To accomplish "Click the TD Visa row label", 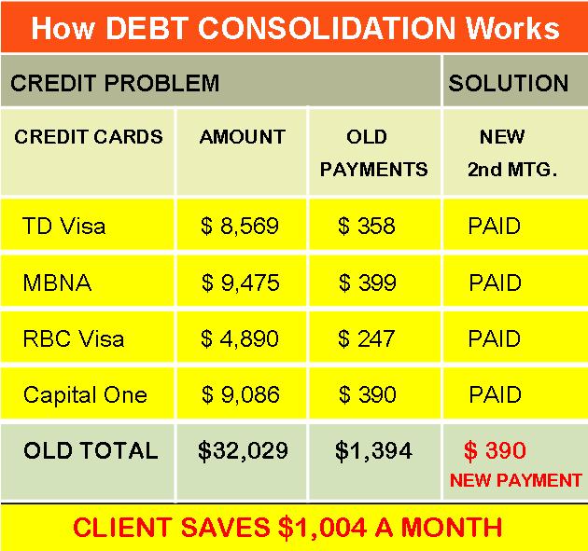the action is [63, 226].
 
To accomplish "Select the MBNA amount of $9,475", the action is [241, 282].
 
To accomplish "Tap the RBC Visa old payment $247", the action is [367, 338].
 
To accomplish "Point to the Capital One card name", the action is [85, 395].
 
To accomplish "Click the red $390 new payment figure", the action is [495, 450].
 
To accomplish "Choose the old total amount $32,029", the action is [243, 450].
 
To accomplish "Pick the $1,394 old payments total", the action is [374, 450].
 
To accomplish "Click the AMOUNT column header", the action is [243, 137].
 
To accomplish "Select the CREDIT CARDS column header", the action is [89, 137].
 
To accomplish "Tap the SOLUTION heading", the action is [509, 83].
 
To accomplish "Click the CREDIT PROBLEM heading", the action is [115, 83].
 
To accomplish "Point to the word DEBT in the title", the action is [147, 28].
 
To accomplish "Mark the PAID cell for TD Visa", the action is [495, 226].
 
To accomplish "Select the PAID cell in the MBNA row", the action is [495, 282].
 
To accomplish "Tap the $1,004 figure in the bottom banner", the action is [322, 528].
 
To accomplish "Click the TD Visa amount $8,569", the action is [240, 226].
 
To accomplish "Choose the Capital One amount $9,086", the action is [241, 394].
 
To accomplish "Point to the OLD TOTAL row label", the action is [91, 450].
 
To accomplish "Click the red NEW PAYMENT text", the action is [515, 480].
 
